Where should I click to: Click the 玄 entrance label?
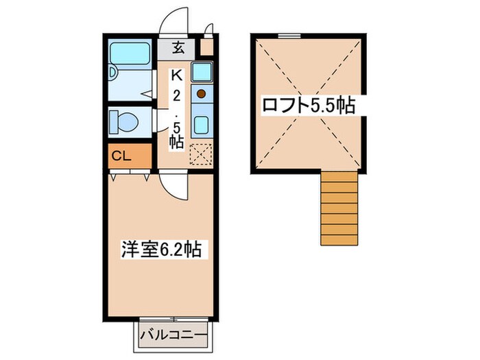click(178, 48)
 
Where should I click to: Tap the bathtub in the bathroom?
click(130, 53)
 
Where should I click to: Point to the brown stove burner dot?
click(202, 93)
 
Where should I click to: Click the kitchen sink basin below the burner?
click(202, 124)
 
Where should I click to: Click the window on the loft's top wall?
click(289, 34)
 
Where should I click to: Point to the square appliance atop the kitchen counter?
click(202, 71)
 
